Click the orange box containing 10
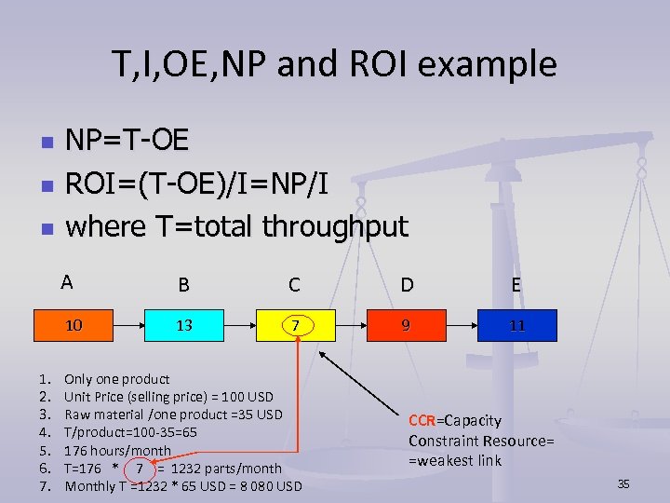(x=74, y=325)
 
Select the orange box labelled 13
(x=183, y=325)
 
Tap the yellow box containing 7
(x=294, y=326)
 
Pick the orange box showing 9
(x=406, y=325)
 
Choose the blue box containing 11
(x=516, y=326)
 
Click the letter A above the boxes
(x=66, y=282)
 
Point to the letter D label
(x=407, y=284)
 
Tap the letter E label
(x=516, y=284)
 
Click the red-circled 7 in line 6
(x=140, y=469)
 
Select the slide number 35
(x=623, y=483)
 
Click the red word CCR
(x=424, y=421)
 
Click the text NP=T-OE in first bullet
(x=127, y=141)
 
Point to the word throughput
(x=335, y=225)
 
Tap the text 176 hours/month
(x=117, y=451)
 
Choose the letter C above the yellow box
(x=294, y=284)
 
